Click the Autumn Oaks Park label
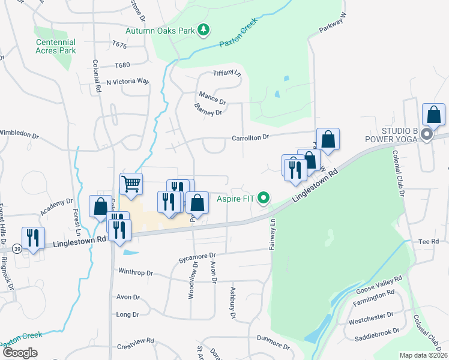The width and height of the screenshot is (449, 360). pyautogui.click(x=161, y=30)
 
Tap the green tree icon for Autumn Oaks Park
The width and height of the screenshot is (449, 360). pyautogui.click(x=203, y=29)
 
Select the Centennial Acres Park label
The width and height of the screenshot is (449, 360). pyautogui.click(x=56, y=46)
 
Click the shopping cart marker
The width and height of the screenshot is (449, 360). pyautogui.click(x=131, y=184)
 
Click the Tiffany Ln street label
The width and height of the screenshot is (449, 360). pyautogui.click(x=227, y=73)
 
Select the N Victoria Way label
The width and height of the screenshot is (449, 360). pyautogui.click(x=127, y=81)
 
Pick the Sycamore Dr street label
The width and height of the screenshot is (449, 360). pyautogui.click(x=196, y=259)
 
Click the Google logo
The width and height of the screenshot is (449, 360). pyautogui.click(x=20, y=352)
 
